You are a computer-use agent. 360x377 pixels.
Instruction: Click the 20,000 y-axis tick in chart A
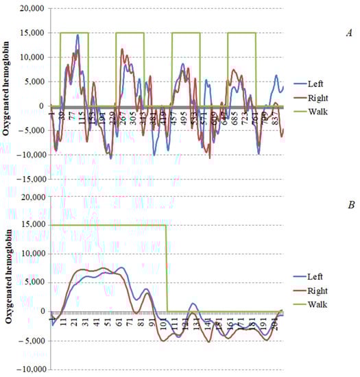(32, 9)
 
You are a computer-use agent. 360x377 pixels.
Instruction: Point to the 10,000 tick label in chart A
(32, 58)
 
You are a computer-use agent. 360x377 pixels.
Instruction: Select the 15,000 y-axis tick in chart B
(32, 225)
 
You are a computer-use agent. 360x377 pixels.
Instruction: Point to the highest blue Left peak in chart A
(77, 35)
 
